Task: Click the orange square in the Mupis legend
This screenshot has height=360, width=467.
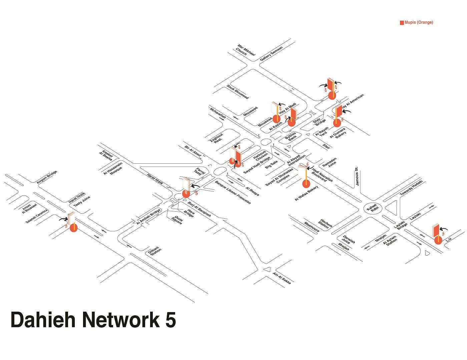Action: (402, 23)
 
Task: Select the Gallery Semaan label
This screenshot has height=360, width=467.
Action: (271, 53)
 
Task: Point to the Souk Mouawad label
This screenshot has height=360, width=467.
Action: (238, 92)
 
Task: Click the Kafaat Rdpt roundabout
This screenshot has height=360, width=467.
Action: (373, 209)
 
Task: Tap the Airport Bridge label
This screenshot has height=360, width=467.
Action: (47, 177)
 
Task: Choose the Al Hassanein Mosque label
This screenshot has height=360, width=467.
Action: (113, 168)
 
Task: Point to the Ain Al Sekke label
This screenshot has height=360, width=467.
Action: (282, 278)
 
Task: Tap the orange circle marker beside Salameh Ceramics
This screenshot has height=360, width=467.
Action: (73, 228)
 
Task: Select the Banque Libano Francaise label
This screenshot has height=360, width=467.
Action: (233, 192)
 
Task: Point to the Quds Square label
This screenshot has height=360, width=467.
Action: (177, 220)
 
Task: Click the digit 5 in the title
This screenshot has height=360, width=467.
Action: (170, 320)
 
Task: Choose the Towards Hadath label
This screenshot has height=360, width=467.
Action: (411, 188)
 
